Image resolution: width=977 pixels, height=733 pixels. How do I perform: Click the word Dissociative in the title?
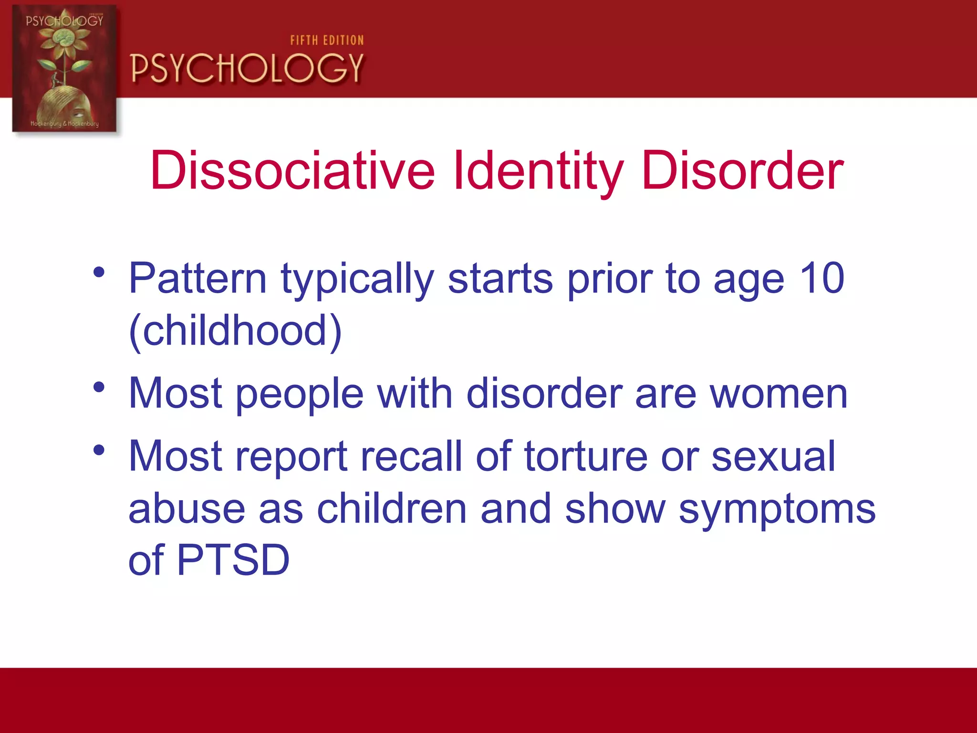[x=292, y=171]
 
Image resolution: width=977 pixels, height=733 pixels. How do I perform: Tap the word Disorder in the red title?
[x=742, y=171]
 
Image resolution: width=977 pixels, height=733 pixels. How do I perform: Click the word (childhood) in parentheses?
[x=235, y=331]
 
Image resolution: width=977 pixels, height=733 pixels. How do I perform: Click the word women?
[x=779, y=394]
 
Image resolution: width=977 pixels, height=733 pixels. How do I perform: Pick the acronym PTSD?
[x=233, y=560]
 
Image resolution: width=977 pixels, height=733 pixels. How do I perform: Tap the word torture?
[x=586, y=457]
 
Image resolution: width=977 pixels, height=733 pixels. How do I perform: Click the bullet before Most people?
[x=99, y=387]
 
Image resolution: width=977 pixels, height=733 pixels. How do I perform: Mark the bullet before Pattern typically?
[x=99, y=272]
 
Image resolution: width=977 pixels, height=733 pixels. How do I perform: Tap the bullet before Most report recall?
[x=99, y=450]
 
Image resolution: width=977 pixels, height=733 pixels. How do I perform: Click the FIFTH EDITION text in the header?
[x=327, y=41]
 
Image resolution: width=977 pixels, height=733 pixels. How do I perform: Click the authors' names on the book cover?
[x=64, y=124]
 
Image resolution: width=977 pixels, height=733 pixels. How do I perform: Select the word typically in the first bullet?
[x=357, y=279]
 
